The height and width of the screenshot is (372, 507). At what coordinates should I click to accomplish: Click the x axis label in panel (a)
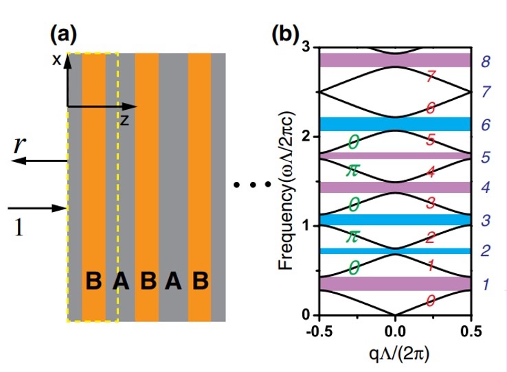click(x=57, y=60)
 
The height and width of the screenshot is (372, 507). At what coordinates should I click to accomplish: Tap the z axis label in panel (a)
click(x=124, y=119)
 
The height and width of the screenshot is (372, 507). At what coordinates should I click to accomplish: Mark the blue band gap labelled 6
click(x=395, y=124)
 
